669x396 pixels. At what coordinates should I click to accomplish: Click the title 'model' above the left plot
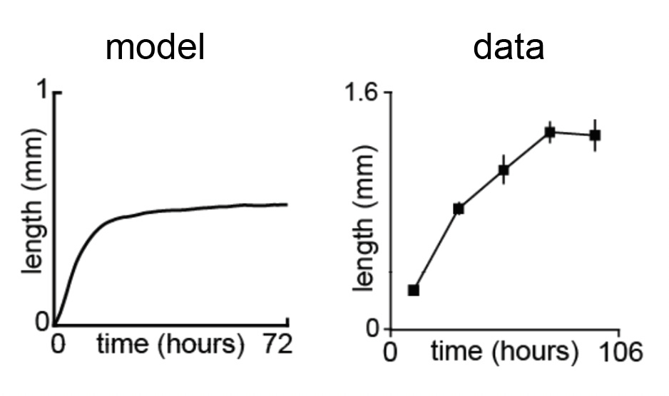tap(155, 48)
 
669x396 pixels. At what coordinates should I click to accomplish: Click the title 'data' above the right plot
tap(509, 48)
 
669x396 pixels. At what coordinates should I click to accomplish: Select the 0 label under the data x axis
tap(390, 353)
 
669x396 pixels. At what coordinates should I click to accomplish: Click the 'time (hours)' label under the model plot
tap(165, 345)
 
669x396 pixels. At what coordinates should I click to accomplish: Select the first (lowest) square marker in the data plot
tap(413, 290)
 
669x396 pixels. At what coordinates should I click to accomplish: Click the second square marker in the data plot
tap(459, 209)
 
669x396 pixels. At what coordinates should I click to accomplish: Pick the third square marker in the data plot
tap(504, 170)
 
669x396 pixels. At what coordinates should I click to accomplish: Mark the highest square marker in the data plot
tap(550, 132)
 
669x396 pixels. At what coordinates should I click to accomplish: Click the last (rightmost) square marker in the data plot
tap(595, 135)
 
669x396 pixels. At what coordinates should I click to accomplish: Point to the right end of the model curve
tap(287, 204)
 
